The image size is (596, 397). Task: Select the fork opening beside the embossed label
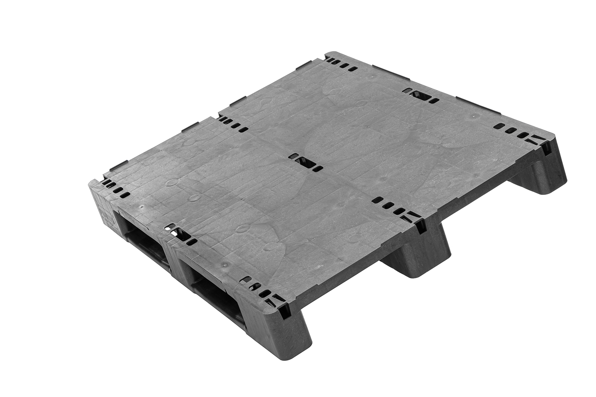tap(138, 238)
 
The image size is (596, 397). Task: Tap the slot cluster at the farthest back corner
tap(343, 64)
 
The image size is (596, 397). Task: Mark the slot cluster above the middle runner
tap(392, 206)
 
